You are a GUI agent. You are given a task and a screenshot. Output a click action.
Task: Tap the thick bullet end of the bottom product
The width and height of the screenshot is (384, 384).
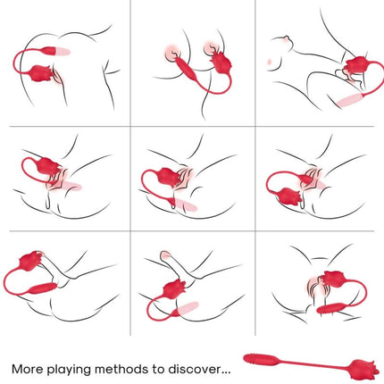261,361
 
